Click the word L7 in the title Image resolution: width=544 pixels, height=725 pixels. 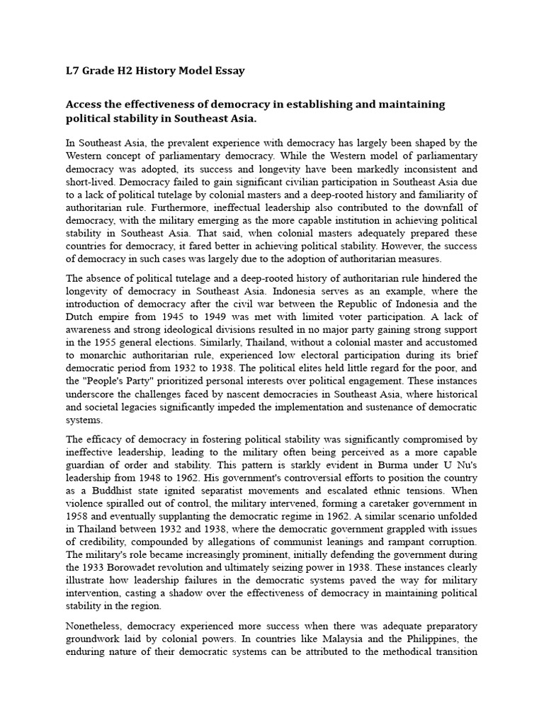[x=72, y=71]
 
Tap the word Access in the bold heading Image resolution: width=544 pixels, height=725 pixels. [x=87, y=104]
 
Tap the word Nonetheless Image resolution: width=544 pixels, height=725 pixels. [x=98, y=627]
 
